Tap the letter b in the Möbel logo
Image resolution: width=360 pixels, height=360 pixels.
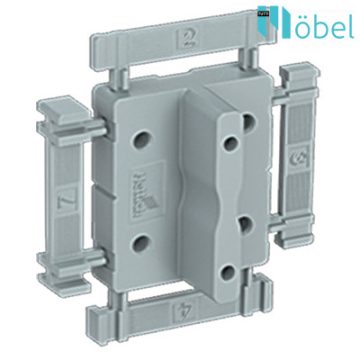coord(314,22)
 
